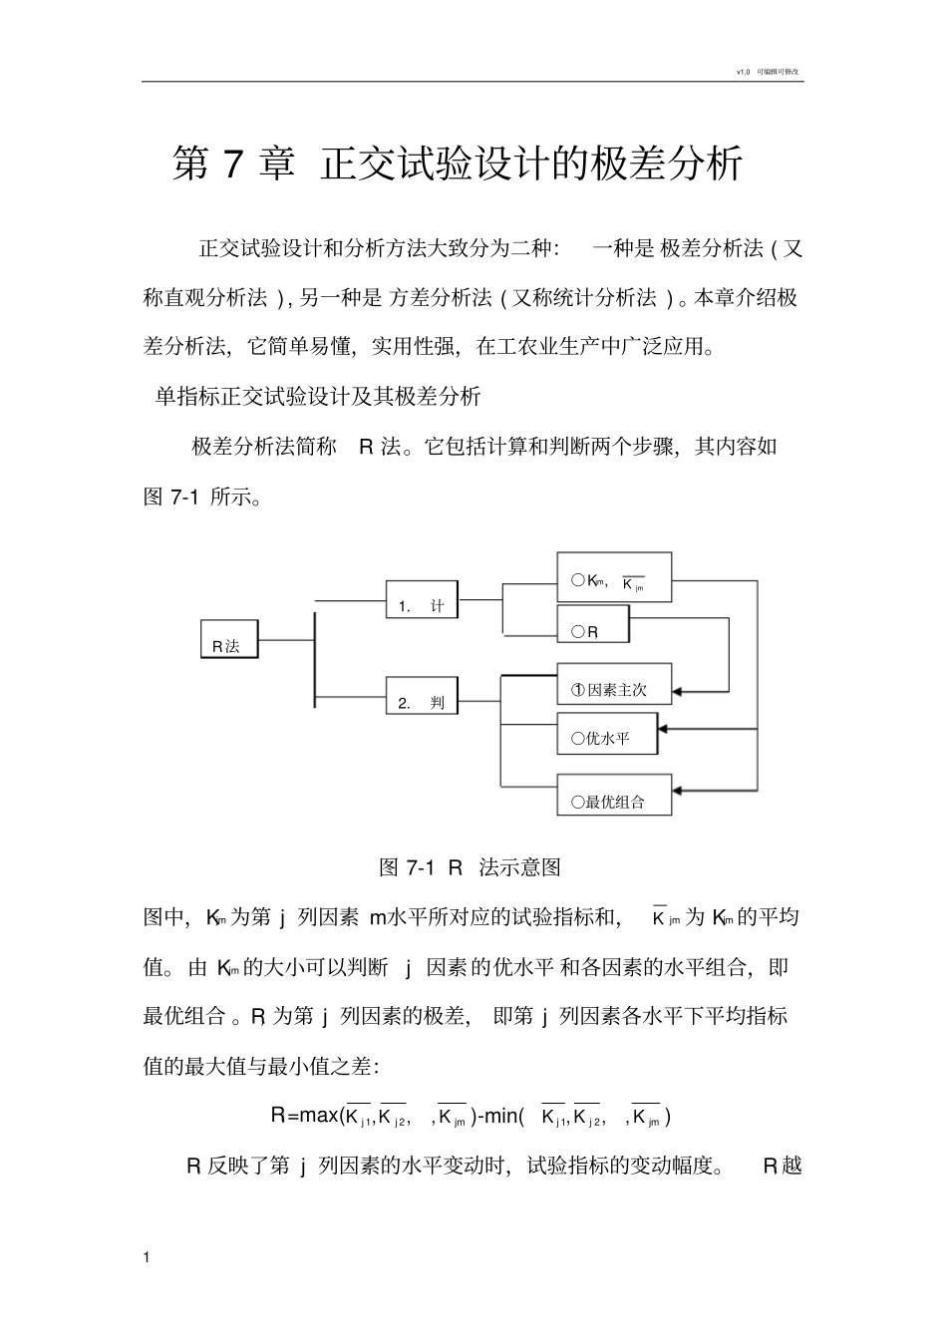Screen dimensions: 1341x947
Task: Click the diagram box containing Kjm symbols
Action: [613, 577]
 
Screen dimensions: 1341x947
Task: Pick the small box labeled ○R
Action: [592, 626]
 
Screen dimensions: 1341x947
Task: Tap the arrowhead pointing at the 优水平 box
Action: [665, 730]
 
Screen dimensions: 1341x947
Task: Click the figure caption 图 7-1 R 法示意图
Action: [471, 867]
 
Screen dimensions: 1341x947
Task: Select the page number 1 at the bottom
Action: [149, 1257]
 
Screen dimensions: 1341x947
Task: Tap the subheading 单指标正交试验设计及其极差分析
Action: [318, 397]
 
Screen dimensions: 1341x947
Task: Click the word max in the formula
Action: [319, 1116]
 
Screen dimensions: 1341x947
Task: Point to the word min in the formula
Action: [502, 1116]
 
